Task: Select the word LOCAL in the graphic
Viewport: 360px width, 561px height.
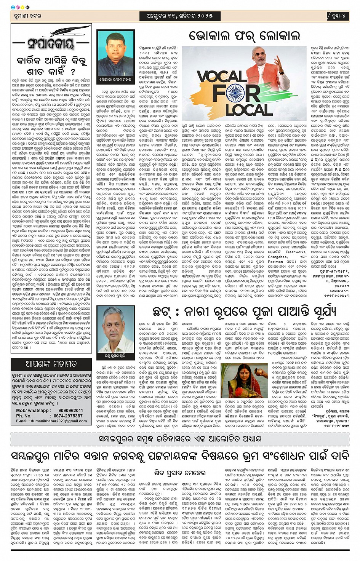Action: [x=249, y=109]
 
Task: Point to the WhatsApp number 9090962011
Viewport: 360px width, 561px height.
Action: [x=71, y=411]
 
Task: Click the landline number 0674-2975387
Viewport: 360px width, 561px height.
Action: [x=68, y=416]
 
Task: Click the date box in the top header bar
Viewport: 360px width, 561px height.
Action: [x=179, y=16]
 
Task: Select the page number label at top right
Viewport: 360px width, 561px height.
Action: [x=338, y=16]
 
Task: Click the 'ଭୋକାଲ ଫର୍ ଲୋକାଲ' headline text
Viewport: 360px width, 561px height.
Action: [x=244, y=36]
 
